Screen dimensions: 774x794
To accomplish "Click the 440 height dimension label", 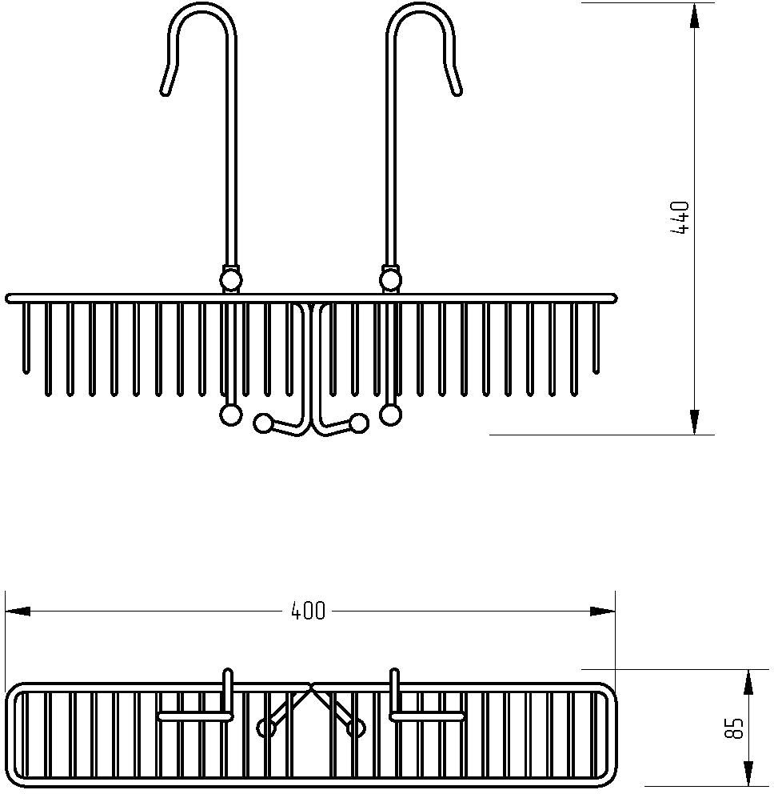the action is click(680, 218).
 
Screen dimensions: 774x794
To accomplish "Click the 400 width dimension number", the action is click(308, 612).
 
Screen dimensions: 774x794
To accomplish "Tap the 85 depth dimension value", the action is click(735, 728).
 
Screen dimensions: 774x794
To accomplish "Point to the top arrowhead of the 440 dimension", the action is click(695, 15).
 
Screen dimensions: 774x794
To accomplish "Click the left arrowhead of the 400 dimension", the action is click(18, 612).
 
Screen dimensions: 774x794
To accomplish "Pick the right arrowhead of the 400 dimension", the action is click(603, 612).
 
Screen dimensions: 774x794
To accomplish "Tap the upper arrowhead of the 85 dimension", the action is click(748, 682).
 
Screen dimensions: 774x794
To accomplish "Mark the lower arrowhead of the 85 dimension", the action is click(748, 774).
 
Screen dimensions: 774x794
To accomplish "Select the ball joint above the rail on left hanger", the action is click(231, 280).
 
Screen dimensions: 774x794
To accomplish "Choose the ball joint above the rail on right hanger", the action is click(390, 280).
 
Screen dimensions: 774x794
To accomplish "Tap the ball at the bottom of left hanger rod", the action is click(231, 415).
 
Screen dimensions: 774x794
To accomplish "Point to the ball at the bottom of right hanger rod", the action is click(390, 415).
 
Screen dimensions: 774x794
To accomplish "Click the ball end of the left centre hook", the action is click(262, 423).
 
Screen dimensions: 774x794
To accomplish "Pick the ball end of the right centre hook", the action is click(359, 423).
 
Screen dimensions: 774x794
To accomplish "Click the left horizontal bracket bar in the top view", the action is click(196, 716).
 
